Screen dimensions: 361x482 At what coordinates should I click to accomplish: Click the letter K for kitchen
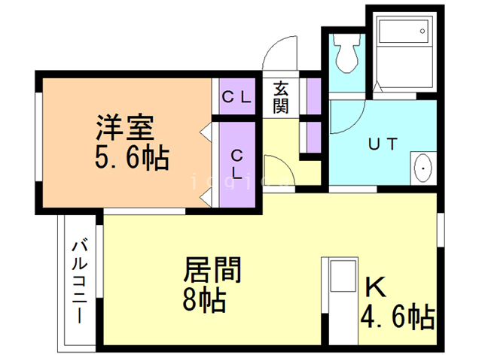tap(374, 288)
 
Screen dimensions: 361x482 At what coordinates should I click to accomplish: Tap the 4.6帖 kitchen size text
tap(396, 317)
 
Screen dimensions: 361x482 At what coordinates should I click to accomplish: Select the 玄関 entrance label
tap(280, 96)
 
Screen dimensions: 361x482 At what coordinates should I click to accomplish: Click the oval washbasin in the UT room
tap(423, 167)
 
